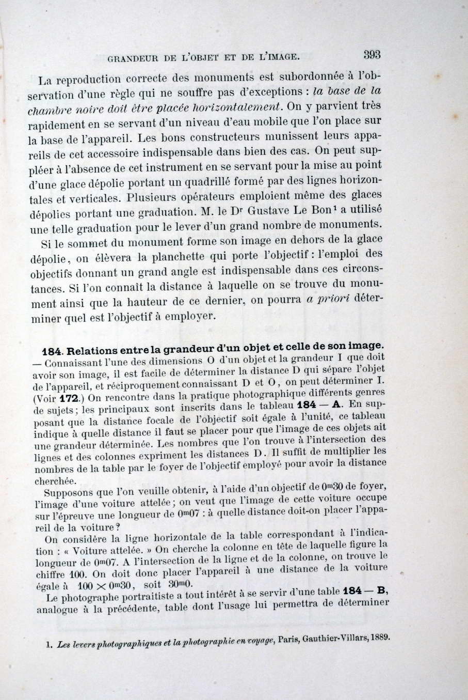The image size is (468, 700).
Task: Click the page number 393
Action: (372, 54)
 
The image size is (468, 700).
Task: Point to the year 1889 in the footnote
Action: (377, 636)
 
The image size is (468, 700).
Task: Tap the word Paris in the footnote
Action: (288, 639)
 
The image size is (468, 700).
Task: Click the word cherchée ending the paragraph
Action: (53, 480)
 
